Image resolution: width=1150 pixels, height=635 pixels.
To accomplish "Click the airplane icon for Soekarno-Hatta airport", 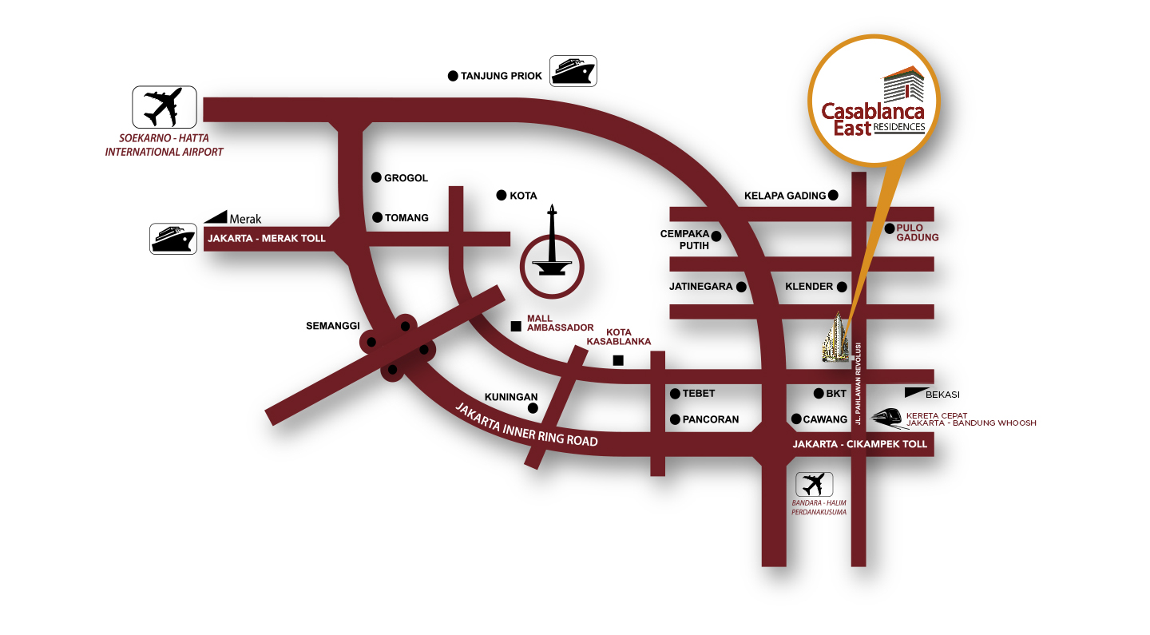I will (164, 108).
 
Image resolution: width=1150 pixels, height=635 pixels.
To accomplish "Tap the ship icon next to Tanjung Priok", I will (573, 71).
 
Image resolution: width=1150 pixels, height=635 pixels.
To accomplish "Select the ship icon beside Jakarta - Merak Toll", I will (173, 239).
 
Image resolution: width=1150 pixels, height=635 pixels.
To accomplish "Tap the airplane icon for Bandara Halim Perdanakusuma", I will (814, 484).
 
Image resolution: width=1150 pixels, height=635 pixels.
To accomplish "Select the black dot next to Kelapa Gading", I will (833, 195).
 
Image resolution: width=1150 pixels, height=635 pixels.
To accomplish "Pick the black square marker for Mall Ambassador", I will (516, 326).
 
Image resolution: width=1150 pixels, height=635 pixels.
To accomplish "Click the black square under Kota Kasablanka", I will (618, 360).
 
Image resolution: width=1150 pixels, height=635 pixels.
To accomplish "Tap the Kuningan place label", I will (511, 397).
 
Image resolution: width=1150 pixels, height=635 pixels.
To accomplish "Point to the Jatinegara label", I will (700, 286).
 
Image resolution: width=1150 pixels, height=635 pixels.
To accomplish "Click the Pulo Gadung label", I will (917, 232).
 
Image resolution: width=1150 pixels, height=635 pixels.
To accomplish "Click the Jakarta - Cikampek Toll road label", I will (859, 444).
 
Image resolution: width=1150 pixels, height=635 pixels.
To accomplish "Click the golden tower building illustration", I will (837, 337).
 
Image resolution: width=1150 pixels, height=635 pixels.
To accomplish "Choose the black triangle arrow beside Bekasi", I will (914, 393).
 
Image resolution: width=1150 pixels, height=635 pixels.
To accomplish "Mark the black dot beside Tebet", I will (675, 393).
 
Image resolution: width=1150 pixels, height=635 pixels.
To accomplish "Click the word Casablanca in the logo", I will (874, 112).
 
